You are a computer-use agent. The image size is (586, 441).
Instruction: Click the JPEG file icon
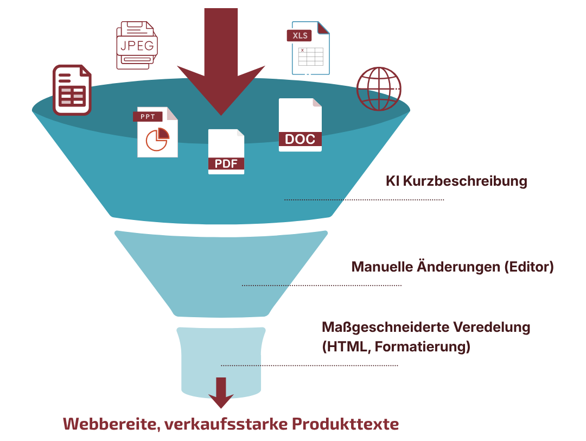click(137, 45)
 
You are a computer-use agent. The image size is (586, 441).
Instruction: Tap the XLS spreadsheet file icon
click(308, 48)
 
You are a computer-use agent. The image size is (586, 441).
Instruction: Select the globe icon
click(379, 89)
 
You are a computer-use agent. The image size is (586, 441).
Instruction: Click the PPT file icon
click(155, 133)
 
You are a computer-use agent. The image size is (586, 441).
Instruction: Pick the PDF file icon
click(226, 152)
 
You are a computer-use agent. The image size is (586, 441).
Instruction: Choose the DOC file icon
click(300, 125)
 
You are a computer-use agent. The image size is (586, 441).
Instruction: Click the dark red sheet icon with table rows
click(72, 90)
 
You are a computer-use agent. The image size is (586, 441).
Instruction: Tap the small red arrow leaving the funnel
click(221, 392)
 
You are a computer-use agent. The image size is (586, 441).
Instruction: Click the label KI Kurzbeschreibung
click(456, 181)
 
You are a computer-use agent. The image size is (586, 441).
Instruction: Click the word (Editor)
click(529, 267)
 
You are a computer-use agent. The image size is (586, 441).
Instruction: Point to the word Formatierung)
click(422, 346)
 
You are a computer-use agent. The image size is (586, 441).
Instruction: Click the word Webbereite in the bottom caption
click(111, 424)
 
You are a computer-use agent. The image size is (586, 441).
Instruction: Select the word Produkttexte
click(345, 424)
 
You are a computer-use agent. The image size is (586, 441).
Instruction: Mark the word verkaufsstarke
click(226, 424)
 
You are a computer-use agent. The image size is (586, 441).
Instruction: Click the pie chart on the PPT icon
click(157, 139)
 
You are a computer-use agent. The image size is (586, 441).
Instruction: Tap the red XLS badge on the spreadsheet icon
click(300, 35)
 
